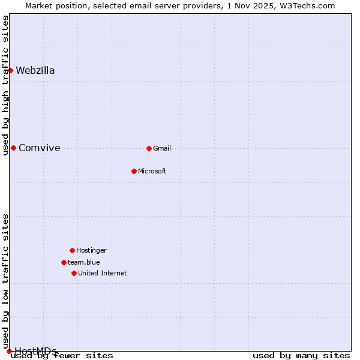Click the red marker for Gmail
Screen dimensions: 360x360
(x=149, y=148)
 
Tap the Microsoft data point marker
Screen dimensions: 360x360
(x=134, y=171)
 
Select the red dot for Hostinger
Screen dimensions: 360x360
(x=72, y=250)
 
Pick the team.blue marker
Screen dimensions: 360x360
(x=64, y=262)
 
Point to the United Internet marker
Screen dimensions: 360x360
(x=74, y=273)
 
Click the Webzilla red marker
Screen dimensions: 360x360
(x=10, y=70)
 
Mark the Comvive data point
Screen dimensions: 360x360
(x=13, y=148)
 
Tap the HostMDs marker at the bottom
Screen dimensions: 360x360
(x=9, y=351)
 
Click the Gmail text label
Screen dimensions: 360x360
(x=162, y=148)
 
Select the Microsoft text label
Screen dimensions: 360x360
(x=152, y=171)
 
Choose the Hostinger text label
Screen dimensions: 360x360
(x=91, y=250)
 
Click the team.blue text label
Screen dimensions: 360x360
(x=84, y=262)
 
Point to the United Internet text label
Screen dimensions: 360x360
(x=102, y=273)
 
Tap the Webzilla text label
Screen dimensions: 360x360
(x=35, y=70)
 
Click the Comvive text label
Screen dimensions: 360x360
(x=40, y=148)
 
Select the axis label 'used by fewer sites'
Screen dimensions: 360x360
(x=62, y=356)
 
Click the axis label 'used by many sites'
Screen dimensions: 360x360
(x=301, y=356)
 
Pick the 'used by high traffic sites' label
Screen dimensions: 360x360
(x=5, y=85)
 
